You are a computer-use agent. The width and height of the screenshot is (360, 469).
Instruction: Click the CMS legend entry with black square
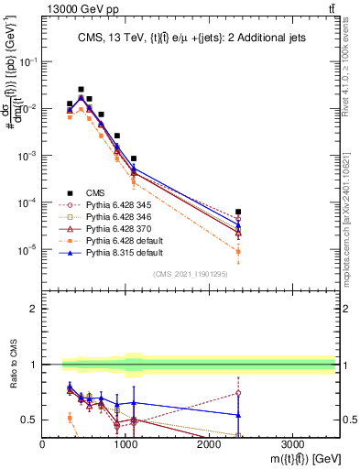click(94, 192)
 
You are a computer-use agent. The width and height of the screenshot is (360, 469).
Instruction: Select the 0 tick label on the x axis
click(42, 442)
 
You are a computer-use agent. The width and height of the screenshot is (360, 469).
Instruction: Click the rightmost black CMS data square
click(238, 212)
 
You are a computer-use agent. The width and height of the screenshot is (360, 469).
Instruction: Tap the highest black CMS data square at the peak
click(81, 90)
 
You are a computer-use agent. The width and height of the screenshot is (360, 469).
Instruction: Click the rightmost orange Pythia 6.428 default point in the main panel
click(238, 251)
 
